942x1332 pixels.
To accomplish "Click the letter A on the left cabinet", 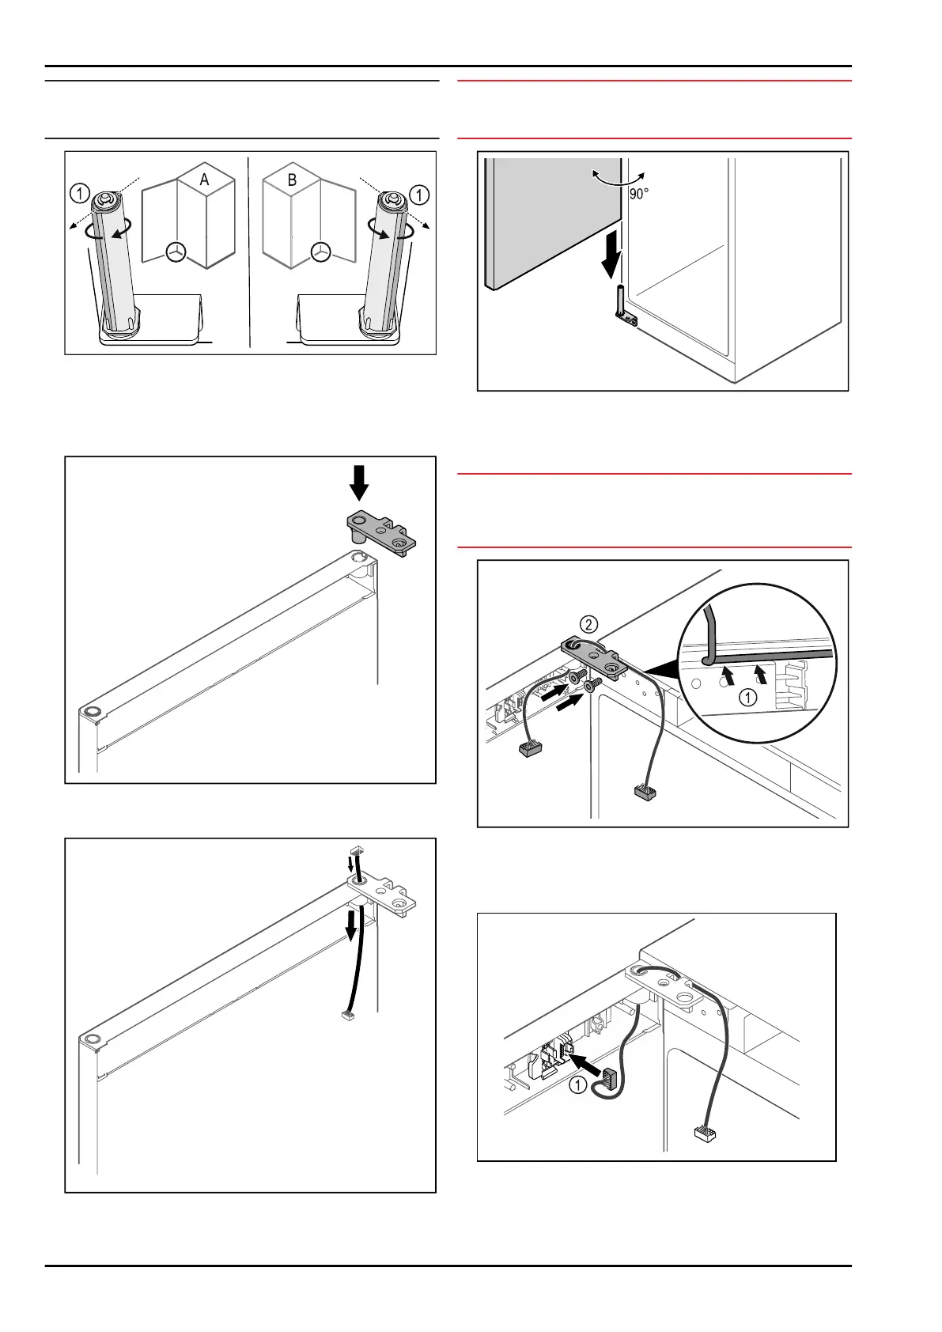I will [204, 180].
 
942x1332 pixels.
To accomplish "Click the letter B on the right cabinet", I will [292, 180].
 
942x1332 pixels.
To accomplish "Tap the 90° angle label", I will [639, 194].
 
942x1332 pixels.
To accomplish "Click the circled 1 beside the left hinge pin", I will [80, 193].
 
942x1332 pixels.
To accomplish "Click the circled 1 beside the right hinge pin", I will [419, 193].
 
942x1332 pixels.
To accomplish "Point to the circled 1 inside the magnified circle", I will [747, 698].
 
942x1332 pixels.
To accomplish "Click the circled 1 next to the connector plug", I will [578, 1084].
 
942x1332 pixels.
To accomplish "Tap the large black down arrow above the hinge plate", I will [359, 482].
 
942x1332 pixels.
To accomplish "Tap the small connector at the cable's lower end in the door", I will [346, 1015].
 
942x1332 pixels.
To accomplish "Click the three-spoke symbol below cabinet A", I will [176, 252].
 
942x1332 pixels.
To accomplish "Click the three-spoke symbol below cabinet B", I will [320, 252].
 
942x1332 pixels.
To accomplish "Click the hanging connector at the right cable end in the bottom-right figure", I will [703, 1133].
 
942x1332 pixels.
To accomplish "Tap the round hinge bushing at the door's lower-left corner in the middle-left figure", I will [92, 710].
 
